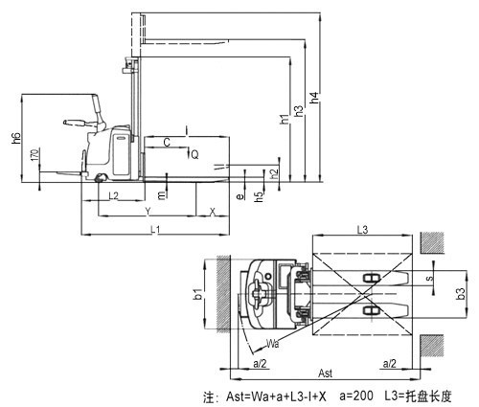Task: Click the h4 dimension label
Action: coord(314,98)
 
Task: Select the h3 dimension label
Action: coord(299,110)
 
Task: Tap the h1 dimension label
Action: coord(285,119)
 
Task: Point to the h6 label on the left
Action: coord(16,138)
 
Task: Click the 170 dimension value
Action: coord(35,154)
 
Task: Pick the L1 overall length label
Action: coord(155,229)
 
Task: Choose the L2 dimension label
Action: coord(114,195)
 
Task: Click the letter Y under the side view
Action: coord(148,211)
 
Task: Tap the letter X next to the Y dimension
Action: coord(213,211)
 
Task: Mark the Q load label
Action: coord(194,154)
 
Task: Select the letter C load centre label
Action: coord(167,143)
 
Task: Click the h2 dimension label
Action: coord(274,174)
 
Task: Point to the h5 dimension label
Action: coord(260,196)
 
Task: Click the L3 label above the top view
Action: coord(362,230)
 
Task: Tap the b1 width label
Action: coord(198,294)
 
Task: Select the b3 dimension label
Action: coord(461,294)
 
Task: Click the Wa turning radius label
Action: coord(273,344)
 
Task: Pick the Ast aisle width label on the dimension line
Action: coord(326,373)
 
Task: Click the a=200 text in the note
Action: coord(356,396)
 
